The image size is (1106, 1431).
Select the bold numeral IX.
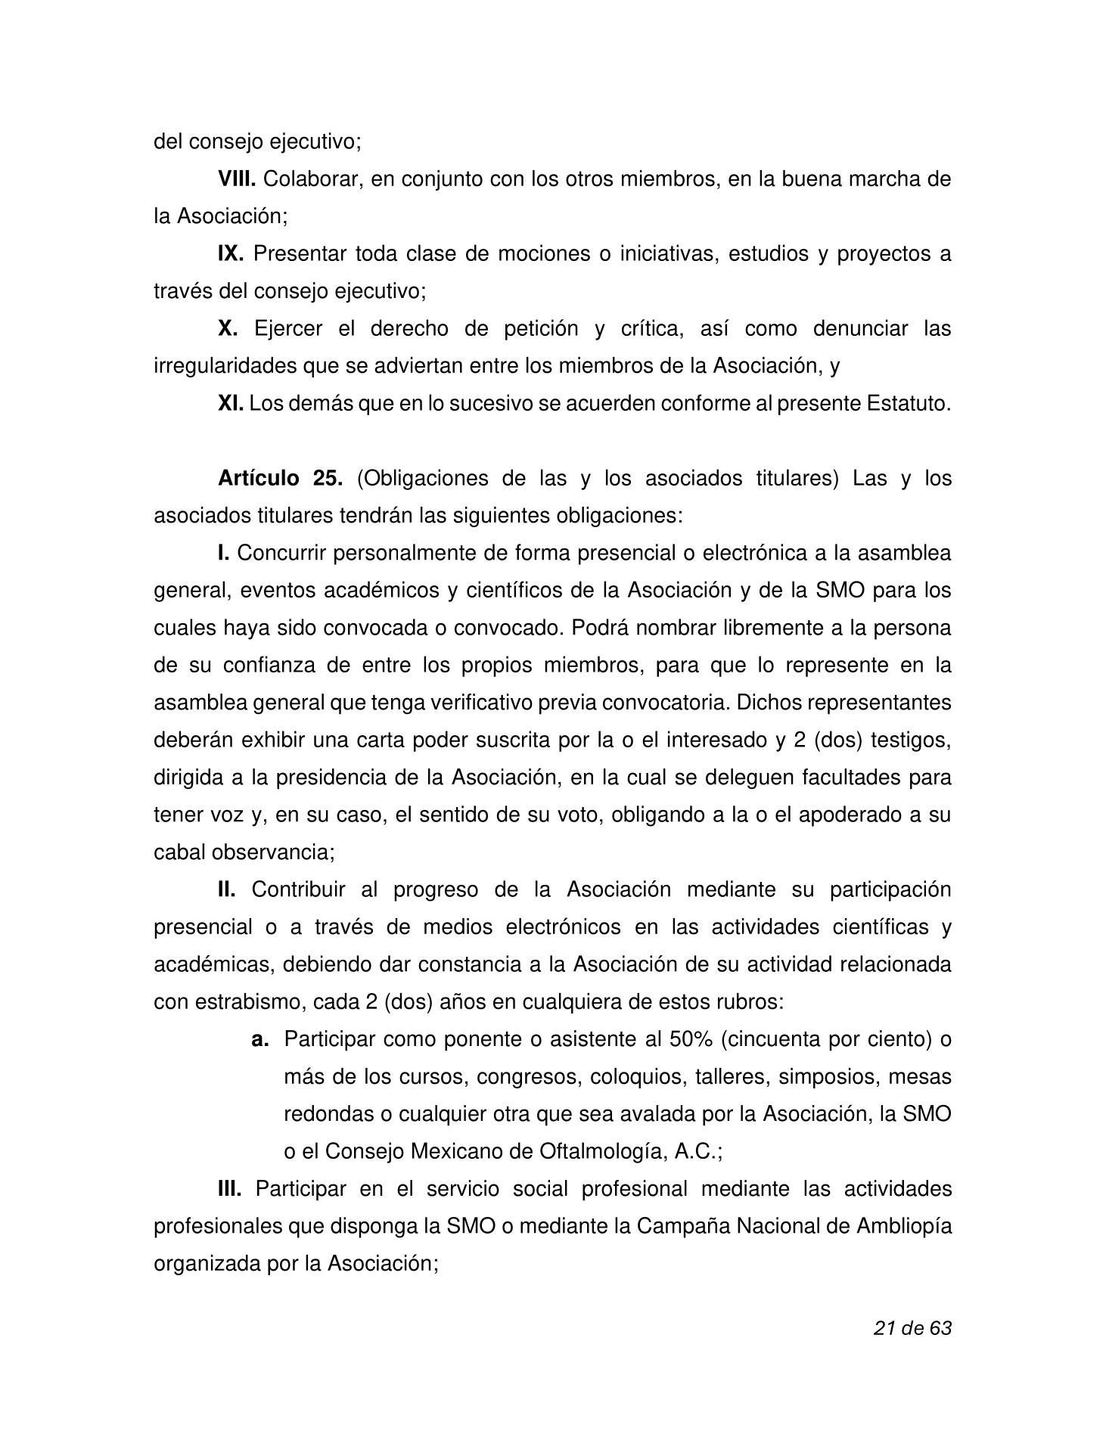point(230,254)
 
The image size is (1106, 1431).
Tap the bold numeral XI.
point(231,404)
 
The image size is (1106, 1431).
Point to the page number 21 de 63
point(912,1328)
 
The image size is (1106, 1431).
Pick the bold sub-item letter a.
point(260,1039)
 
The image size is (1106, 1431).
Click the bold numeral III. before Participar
point(229,1189)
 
